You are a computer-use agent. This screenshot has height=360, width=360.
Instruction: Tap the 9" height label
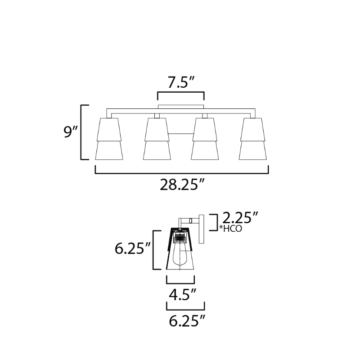pos(71,132)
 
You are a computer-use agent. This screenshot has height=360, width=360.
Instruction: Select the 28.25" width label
pos(182,184)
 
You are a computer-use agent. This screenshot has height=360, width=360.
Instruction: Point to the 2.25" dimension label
pos(240,218)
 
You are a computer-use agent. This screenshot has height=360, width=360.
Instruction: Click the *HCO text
pos(230,229)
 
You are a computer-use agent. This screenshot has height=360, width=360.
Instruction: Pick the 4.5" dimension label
pos(183,295)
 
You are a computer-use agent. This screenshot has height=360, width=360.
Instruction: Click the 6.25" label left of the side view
pos(132,248)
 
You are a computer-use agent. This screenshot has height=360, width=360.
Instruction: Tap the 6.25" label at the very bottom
pos(187,321)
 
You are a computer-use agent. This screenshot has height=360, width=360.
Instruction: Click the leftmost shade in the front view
pos(109,139)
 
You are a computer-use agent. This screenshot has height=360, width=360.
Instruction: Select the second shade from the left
pos(157,139)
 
